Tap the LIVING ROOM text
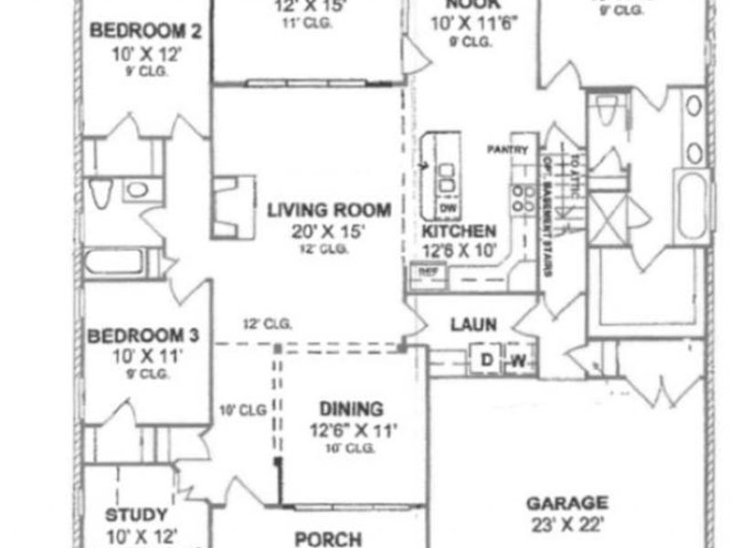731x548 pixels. coord(329,210)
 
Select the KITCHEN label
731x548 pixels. coord(459,233)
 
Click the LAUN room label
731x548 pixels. coord(472,324)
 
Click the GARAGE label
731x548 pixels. coord(567,503)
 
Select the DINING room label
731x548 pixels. coord(351,409)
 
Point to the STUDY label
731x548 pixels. coord(135,514)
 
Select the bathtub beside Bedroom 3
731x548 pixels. coord(115,261)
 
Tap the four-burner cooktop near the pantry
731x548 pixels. coord(524,199)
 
